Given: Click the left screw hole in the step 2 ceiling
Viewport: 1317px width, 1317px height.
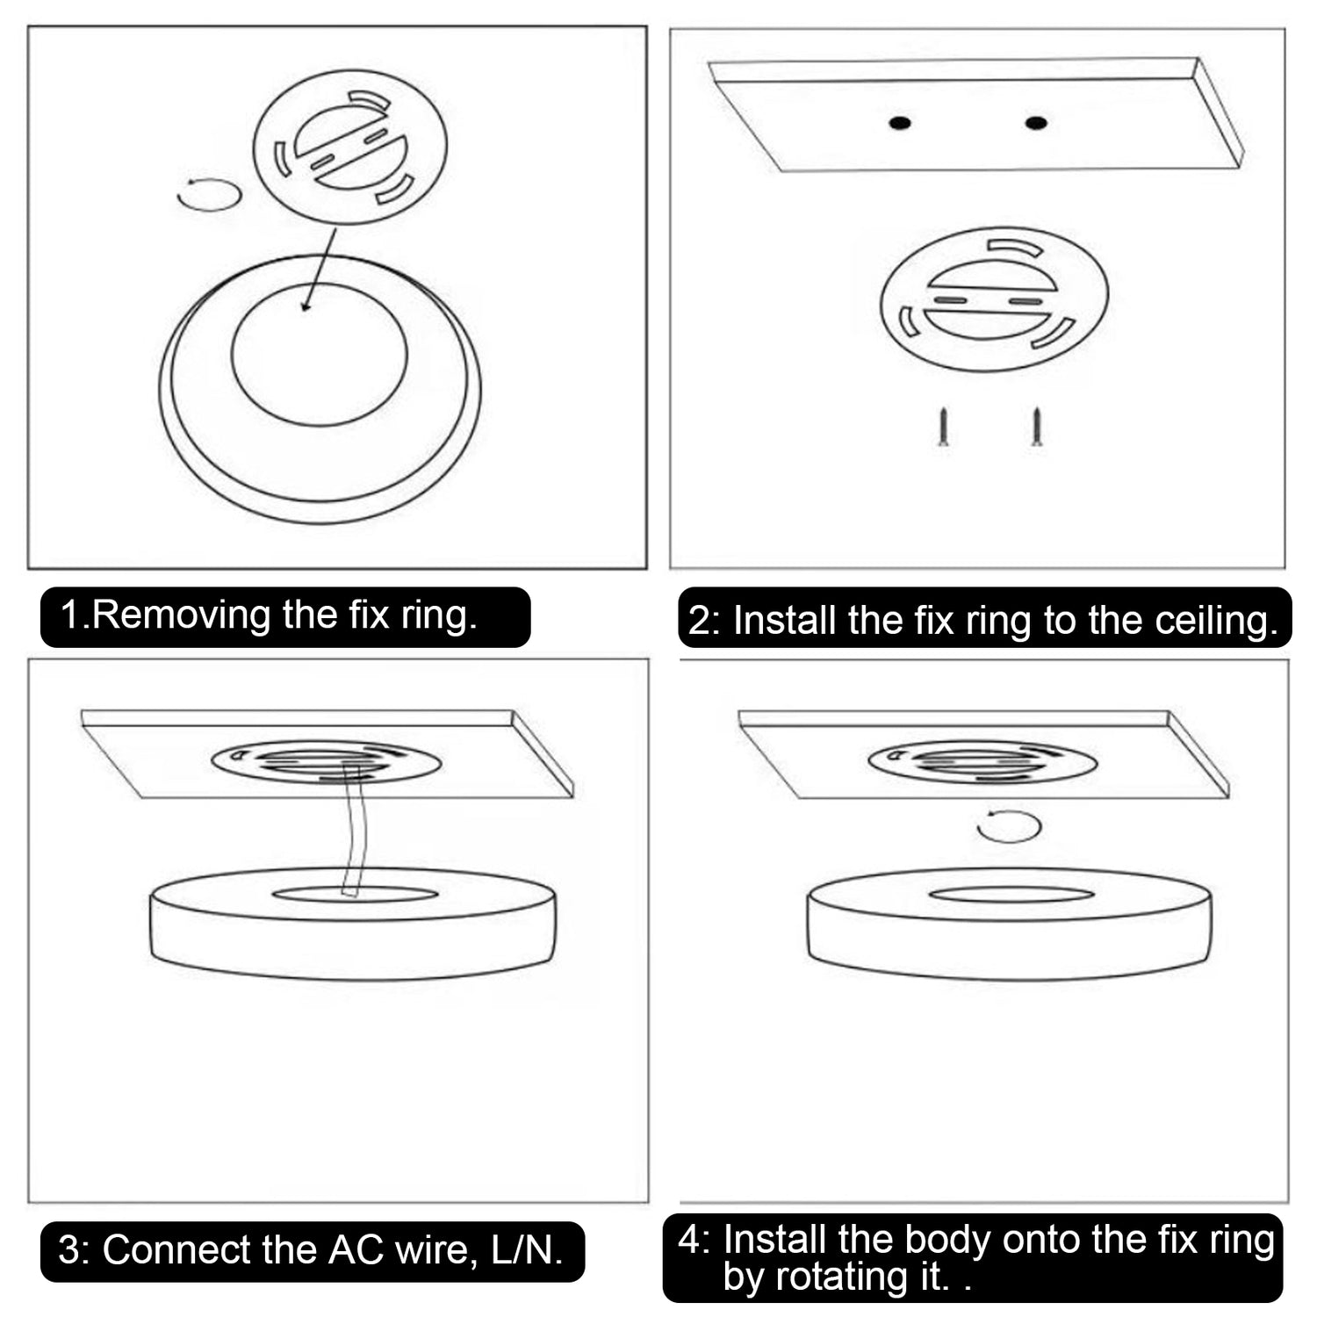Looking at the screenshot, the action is click(898, 123).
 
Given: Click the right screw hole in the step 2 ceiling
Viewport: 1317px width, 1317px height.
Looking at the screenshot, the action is click(1036, 122).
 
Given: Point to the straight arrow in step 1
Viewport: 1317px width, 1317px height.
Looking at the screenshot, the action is click(320, 270).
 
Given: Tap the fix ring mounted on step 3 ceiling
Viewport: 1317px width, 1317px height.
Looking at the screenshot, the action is click(326, 762).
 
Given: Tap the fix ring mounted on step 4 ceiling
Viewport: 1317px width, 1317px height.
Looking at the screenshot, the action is click(982, 762).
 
